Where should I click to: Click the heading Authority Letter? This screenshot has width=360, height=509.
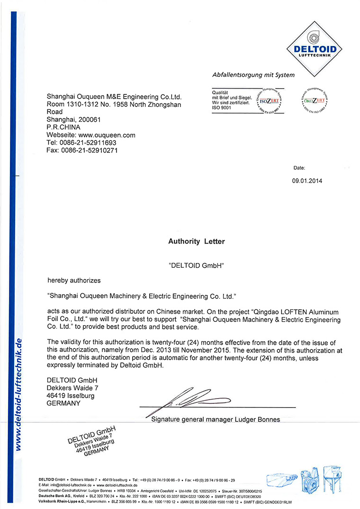point(197,241)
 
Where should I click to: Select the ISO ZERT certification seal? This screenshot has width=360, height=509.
point(271,100)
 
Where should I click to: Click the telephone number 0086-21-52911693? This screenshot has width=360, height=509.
point(86,143)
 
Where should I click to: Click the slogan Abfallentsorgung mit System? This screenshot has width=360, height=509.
point(253,75)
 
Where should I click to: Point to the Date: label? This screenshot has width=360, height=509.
point(299,168)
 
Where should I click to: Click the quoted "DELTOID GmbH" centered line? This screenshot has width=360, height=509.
point(196,266)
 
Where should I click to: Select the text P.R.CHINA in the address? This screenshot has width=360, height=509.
point(63,127)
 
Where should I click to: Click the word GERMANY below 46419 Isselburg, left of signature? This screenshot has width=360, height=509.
point(63,403)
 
